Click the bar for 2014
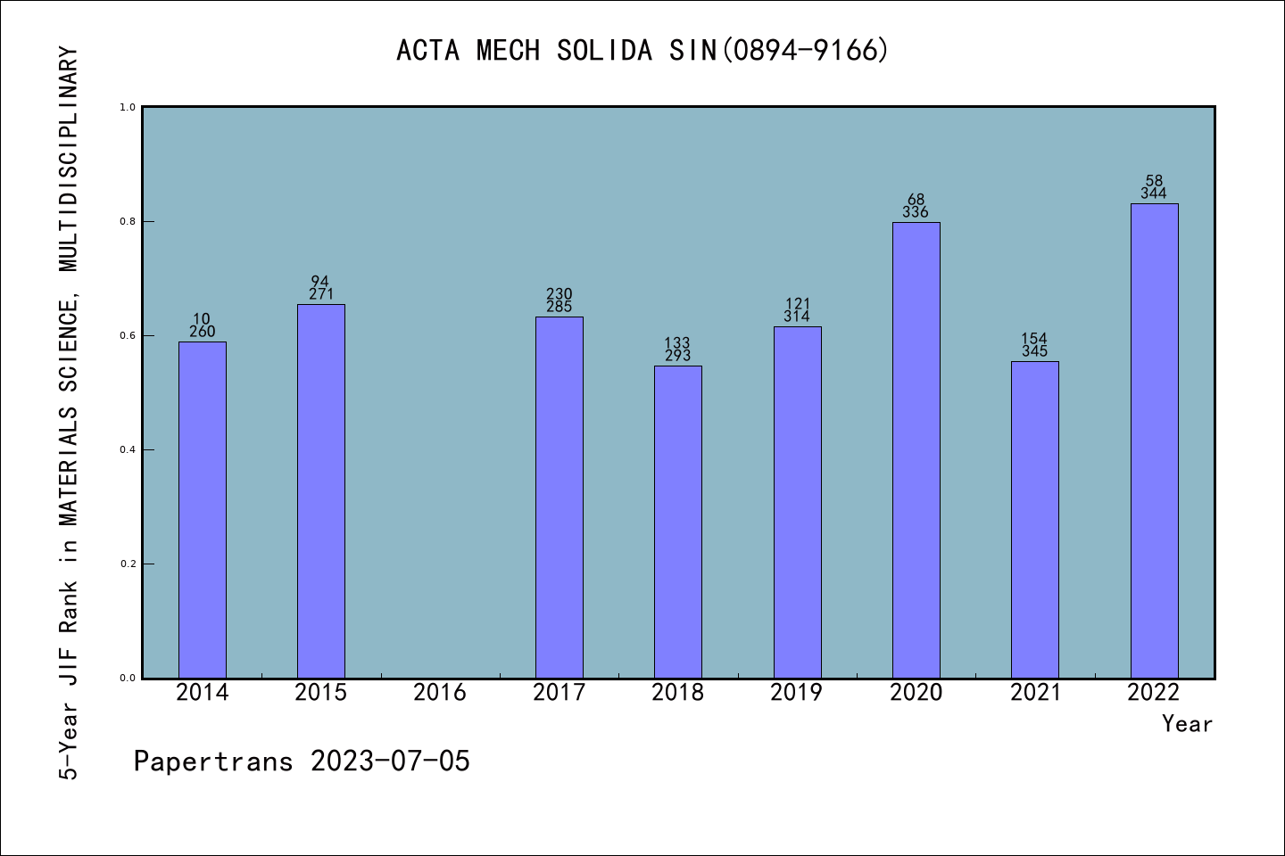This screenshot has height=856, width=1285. pos(203,510)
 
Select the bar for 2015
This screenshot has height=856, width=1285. pos(321,491)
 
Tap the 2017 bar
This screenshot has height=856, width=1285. pos(560,498)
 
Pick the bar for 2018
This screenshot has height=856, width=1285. pos(678,522)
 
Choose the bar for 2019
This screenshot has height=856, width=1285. pos(797,502)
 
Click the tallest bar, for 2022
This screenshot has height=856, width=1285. pos(1154,440)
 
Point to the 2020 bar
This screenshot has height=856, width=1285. pos(916,450)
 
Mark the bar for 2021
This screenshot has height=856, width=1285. pos(1035,520)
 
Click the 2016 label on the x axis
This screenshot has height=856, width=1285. pos(440,692)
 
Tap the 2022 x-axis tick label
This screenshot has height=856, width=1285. pos(1154,692)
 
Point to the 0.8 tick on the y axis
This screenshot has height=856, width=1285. pos(127,221)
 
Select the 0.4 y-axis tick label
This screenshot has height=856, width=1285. pos(127,449)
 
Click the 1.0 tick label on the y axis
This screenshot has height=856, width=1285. pos(127,107)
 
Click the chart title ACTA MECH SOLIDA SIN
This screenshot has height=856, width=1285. pos(642,50)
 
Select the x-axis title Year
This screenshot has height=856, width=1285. pos(1187,724)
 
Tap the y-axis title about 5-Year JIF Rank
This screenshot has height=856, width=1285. pos(69,414)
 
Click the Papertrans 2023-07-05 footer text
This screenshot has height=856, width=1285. pos(302,761)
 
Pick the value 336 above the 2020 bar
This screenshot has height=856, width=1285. pos(916,212)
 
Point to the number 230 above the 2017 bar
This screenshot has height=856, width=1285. pos(560,294)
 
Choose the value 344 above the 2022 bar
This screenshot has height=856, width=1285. pos(1154,193)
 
